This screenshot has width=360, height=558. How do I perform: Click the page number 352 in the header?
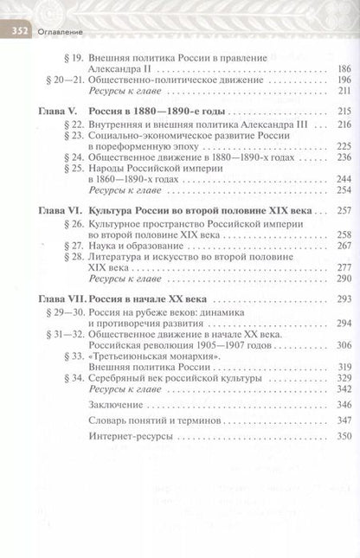point(20,32)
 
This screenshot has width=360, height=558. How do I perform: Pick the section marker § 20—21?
point(62,79)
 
